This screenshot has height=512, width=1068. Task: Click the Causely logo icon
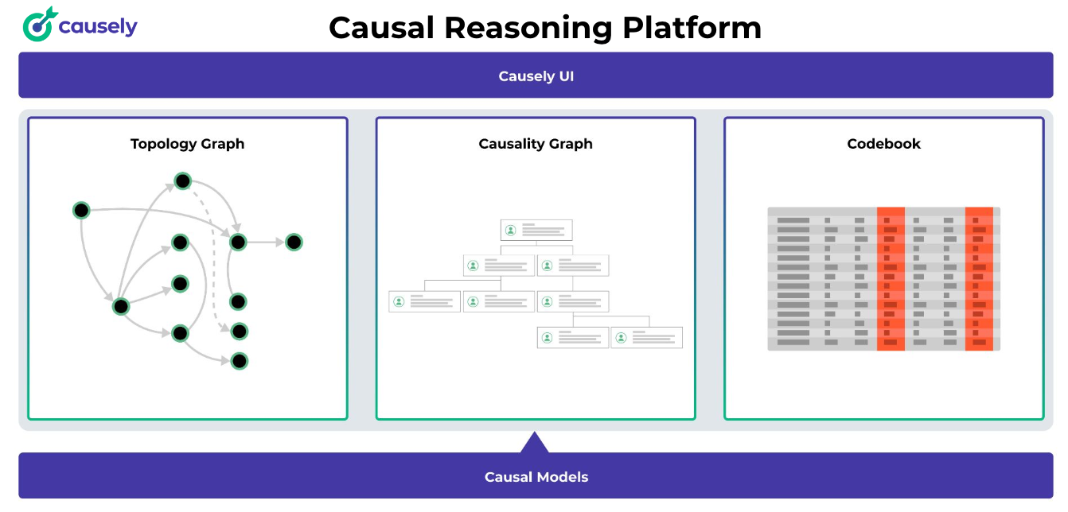click(x=39, y=25)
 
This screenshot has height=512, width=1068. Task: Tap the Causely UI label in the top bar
click(x=536, y=76)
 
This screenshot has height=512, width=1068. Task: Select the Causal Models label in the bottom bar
click(x=536, y=477)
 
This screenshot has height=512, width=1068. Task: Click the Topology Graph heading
click(x=187, y=144)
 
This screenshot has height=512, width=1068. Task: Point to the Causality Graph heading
click(x=536, y=144)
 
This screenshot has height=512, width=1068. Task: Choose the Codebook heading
click(x=883, y=144)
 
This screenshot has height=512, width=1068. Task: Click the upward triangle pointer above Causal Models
click(x=535, y=443)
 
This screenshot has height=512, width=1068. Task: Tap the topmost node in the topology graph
click(x=183, y=181)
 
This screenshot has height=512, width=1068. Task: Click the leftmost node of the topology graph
click(x=81, y=211)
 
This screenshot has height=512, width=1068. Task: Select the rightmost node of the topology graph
click(x=294, y=242)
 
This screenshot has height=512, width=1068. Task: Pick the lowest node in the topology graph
click(x=240, y=361)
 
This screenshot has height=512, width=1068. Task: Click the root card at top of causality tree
click(x=536, y=231)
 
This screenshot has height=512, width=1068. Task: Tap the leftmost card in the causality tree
click(x=424, y=301)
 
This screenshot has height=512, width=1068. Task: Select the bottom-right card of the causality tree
click(x=647, y=337)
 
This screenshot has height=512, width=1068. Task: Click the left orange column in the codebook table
click(x=891, y=278)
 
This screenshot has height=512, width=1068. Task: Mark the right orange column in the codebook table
click(x=979, y=278)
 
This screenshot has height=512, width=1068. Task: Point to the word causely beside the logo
click(x=98, y=26)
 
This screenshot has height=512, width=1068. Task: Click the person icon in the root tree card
click(x=510, y=231)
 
